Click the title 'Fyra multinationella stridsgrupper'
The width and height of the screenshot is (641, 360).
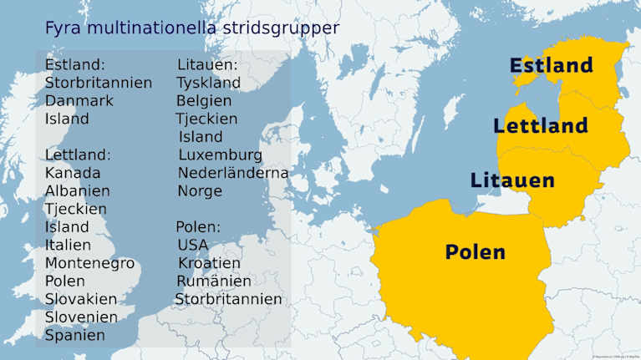click(192, 28)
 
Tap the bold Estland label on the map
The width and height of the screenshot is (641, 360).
click(551, 65)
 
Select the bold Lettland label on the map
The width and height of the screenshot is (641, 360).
click(540, 126)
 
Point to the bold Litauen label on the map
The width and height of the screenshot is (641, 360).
click(512, 180)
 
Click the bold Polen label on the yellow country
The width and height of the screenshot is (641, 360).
click(475, 251)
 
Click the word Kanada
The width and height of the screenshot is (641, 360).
click(73, 173)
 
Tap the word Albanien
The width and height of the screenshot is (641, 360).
click(78, 190)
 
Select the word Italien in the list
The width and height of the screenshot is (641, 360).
click(69, 245)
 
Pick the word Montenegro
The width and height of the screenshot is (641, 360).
click(89, 263)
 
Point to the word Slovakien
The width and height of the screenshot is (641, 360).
click(81, 299)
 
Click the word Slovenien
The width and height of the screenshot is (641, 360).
click(81, 317)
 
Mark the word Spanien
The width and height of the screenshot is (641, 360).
click(75, 335)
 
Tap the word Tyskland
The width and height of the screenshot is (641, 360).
click(208, 83)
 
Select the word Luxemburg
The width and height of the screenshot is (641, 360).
click(220, 155)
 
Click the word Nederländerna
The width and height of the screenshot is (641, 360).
click(233, 173)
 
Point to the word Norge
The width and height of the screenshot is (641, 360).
click(200, 190)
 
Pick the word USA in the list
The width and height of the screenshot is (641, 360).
click(193, 245)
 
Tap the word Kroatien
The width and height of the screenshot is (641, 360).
click(209, 263)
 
